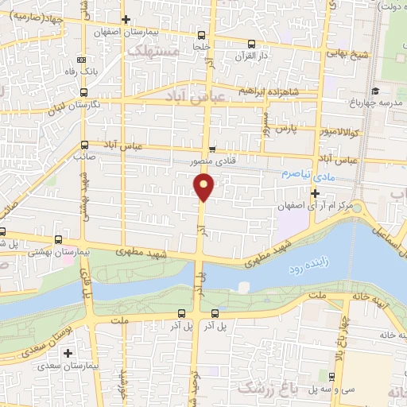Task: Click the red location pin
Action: point(205,188)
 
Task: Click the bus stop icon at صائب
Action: point(85,145)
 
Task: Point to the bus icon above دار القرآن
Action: point(251,45)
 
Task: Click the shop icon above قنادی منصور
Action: point(211,149)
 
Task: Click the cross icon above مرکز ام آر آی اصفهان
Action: point(316,193)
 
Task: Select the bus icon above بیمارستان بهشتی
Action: point(58,239)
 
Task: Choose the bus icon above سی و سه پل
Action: point(331,378)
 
